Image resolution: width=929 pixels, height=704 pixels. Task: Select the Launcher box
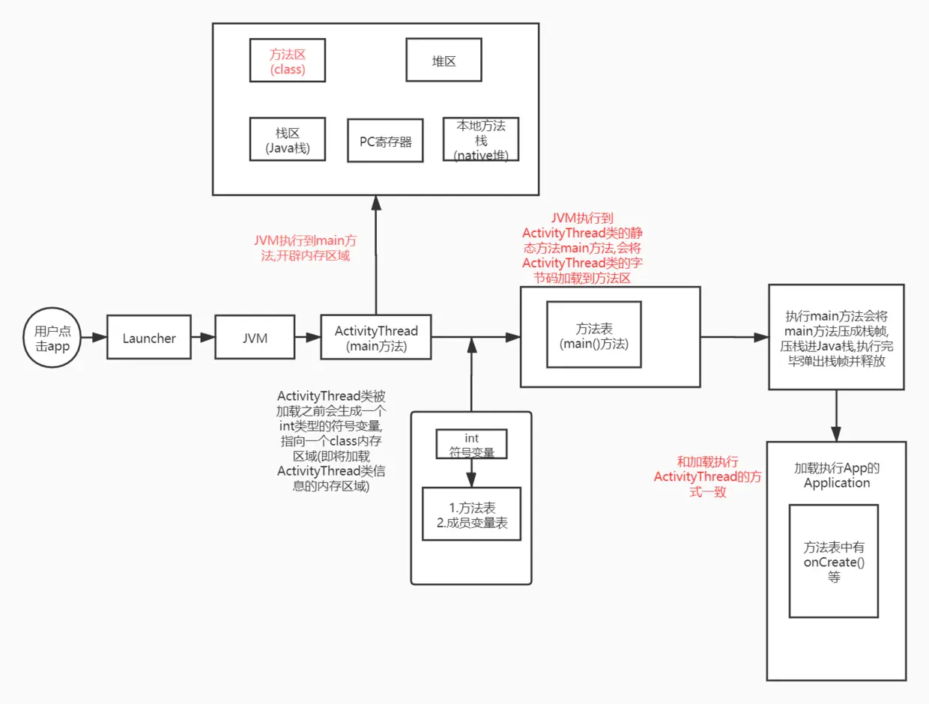149,338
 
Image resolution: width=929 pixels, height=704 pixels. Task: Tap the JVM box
255,338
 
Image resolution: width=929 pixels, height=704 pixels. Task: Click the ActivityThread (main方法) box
376,338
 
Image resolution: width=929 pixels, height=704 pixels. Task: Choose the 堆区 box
444,61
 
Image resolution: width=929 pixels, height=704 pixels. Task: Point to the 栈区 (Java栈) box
288,139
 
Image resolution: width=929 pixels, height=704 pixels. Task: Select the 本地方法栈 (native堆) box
480,139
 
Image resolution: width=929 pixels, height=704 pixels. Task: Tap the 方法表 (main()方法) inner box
594,335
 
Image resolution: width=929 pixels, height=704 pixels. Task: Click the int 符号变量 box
471,444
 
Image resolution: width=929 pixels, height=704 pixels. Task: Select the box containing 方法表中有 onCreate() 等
834,561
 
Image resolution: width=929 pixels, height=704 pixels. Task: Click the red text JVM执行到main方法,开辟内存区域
304,248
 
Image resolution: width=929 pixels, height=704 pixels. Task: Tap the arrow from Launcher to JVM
203,338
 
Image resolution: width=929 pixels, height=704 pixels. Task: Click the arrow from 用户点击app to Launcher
94,338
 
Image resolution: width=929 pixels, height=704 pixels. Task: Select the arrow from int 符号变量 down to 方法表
471,473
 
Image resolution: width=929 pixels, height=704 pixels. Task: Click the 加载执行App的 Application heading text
836,475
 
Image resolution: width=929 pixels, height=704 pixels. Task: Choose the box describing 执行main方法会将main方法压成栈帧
836,337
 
